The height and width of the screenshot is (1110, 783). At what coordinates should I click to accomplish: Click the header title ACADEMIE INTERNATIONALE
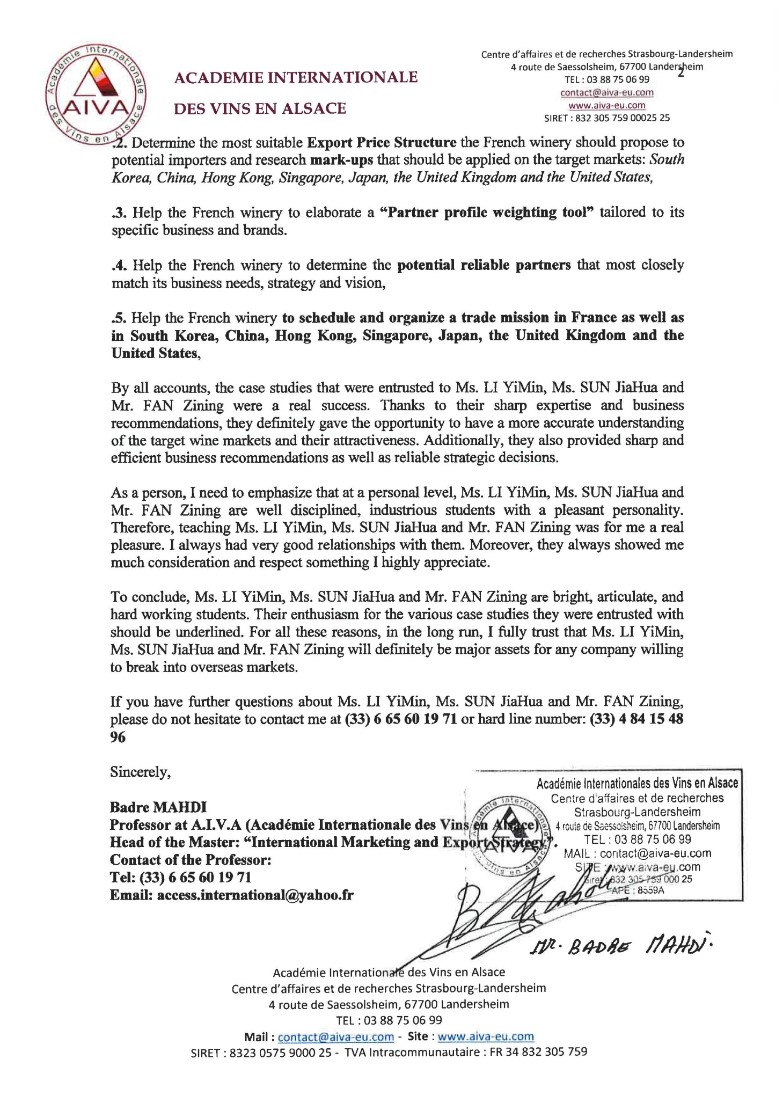tap(296, 78)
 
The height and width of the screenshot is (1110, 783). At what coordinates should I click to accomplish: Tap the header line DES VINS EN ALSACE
tap(260, 109)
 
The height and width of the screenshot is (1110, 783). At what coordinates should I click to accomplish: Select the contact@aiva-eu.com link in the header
tap(606, 92)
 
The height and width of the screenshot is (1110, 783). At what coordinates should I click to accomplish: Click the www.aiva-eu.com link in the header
tap(606, 105)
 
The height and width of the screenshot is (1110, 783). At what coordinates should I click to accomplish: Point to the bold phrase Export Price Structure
tap(382, 143)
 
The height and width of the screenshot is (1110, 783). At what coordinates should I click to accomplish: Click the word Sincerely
tap(140, 772)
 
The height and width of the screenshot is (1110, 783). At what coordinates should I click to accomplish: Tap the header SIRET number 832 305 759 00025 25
tap(621, 118)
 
